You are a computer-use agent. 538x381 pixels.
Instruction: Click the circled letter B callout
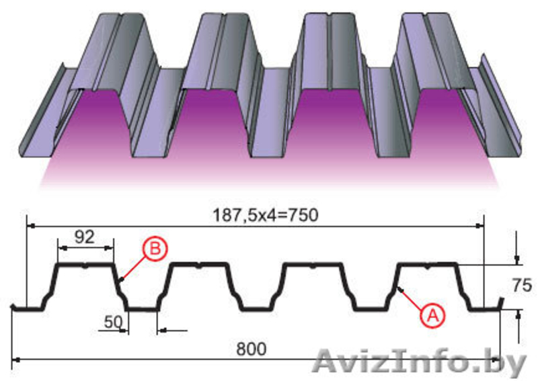tap(155, 249)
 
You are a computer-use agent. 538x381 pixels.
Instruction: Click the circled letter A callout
tap(432, 316)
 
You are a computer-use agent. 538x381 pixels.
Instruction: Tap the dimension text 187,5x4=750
tap(266, 216)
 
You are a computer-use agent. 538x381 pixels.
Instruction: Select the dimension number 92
tap(85, 237)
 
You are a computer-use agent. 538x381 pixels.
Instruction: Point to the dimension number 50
tap(114, 322)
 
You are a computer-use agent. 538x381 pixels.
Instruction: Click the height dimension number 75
tap(522, 286)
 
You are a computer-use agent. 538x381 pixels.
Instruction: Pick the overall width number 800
tap(251, 349)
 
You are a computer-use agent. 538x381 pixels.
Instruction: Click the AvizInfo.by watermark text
tap(419, 362)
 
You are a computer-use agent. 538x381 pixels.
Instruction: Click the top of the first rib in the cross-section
tap(85, 264)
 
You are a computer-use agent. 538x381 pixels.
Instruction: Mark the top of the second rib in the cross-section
tap(199, 264)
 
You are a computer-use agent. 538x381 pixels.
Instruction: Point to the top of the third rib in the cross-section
tap(313, 264)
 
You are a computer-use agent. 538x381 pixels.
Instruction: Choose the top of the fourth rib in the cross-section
tap(427, 264)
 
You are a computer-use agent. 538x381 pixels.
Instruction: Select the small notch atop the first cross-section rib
tap(85, 265)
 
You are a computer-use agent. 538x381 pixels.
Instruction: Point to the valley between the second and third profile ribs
tap(257, 309)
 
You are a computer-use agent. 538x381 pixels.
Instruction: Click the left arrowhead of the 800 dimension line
tap(14, 359)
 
